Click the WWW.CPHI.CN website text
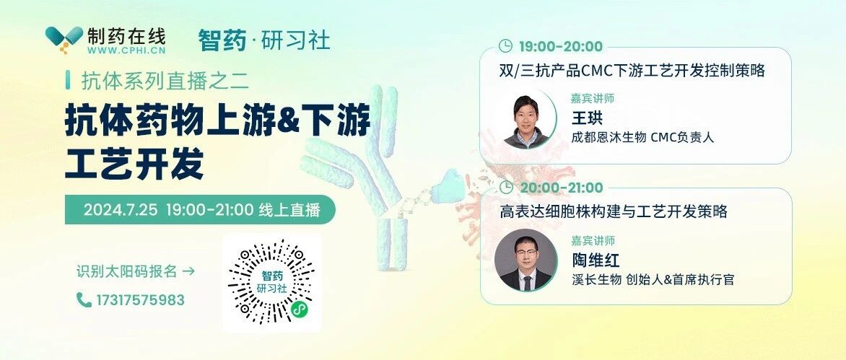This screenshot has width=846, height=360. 126,51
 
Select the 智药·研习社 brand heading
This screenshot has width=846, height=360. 264,40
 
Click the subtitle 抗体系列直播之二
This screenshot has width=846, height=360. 165,81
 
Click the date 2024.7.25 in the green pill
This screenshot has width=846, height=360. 121,210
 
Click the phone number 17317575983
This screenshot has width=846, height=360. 140,299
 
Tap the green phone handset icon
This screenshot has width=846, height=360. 84,299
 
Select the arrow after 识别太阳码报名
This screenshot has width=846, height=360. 189,271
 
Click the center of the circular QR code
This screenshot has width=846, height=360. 271,282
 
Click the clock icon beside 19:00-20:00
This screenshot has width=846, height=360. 505,45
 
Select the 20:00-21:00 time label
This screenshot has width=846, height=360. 561,188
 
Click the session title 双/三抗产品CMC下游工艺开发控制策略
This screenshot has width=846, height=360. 632,71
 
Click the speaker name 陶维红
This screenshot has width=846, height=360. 596,260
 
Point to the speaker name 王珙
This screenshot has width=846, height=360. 587,118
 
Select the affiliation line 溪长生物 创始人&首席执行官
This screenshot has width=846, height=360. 653,280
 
